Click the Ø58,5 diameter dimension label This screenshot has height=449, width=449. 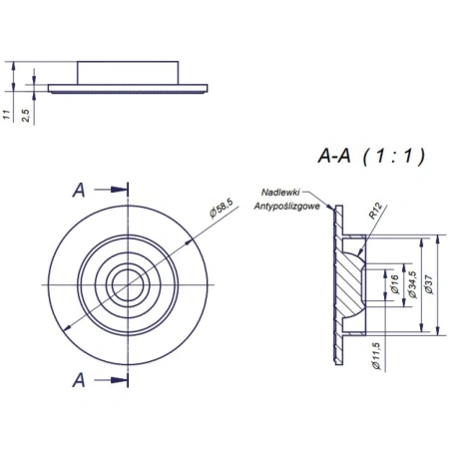pyautogui.click(x=222, y=209)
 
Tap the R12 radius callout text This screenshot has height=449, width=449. pyautogui.click(x=376, y=212)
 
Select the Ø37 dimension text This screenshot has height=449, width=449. pyautogui.click(x=429, y=284)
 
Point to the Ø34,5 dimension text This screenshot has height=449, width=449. pyautogui.click(x=412, y=284)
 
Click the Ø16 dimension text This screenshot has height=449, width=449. pyautogui.click(x=395, y=284)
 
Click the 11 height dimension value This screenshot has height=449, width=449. pyautogui.click(x=7, y=115)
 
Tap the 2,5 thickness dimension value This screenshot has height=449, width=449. pyautogui.click(x=26, y=116)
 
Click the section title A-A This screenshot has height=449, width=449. pyautogui.click(x=334, y=156)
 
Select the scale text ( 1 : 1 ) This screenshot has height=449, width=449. pyautogui.click(x=394, y=156)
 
